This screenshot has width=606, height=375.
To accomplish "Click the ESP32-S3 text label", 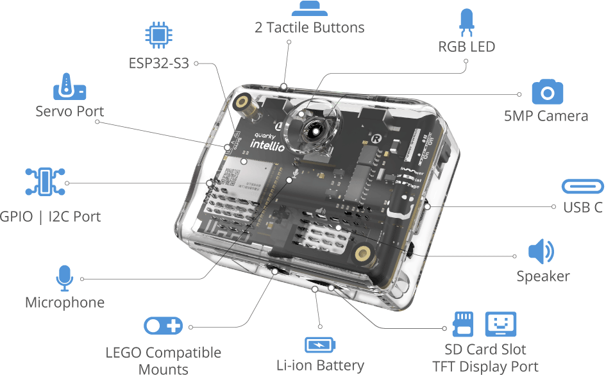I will coord(158,63).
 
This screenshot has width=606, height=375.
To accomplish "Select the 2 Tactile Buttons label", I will coord(309,28).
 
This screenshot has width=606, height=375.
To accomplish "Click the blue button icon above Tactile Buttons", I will coord(309,8).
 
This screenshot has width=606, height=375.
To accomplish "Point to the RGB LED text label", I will coord(466,47).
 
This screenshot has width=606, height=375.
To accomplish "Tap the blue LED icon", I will coord(466,21).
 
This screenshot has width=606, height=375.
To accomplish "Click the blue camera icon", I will coord(547,92).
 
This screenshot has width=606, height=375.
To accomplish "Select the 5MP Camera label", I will coord(546,116).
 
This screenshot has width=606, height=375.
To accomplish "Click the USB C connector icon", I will coord(582,187).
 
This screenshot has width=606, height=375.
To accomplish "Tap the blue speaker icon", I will coord(541,252).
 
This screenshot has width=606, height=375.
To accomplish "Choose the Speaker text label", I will coord(543,276).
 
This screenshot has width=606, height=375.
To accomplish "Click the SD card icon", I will coord(463,324).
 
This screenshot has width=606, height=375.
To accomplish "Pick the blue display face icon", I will coord(501,324).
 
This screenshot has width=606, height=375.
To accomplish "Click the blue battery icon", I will coord(319,345).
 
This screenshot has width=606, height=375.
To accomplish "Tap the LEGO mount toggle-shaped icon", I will coord(163,326).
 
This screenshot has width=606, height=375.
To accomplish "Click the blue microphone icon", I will coord(64,278).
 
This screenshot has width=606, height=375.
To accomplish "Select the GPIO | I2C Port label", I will coord(51,216).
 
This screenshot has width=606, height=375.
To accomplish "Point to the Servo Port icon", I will coord(69,87).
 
